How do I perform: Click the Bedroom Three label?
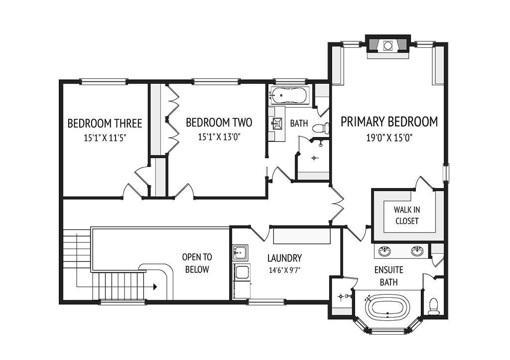point(105,123)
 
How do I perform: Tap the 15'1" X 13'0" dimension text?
point(219,137)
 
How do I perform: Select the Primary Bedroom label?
point(389,121)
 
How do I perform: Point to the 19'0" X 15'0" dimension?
point(389,138)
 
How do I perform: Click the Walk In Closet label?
point(406,215)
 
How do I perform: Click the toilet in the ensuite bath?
point(434,306)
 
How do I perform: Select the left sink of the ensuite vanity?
point(385,251)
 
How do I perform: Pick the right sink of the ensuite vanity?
point(417,251)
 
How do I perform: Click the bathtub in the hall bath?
point(288,96)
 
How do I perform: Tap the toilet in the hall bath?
point(321,128)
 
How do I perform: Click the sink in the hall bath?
point(277,123)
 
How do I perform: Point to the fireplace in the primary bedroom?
point(387,46)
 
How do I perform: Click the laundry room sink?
point(240,252)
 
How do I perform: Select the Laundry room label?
point(284,258)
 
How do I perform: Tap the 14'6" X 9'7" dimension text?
point(284,270)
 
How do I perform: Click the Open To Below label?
point(197,263)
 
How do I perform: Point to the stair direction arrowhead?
point(155,287)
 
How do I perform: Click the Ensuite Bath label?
point(388,276)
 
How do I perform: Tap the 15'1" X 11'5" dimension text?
point(105,138)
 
